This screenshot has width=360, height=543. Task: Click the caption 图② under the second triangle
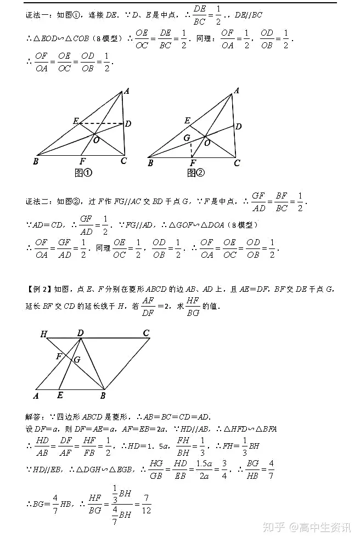pos(195,173)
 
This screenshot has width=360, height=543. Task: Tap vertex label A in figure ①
pos(126,92)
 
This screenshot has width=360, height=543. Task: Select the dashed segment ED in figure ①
pos(101,123)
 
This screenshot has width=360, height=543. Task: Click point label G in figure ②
pos(187,138)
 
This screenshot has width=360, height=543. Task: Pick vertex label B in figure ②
pos(150,163)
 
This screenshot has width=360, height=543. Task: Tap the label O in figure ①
pos(96,140)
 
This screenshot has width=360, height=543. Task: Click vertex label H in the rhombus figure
pos(43,333)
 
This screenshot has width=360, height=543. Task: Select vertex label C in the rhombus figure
pos(146,333)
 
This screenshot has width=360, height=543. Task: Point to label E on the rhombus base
pos(59,395)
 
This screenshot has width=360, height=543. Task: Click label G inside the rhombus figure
pos(77,360)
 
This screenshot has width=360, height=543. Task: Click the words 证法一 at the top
pos(37,16)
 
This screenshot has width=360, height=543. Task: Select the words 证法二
pos(37,201)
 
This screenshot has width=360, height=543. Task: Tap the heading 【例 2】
pos(37,289)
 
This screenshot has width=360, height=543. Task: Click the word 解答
pos(34,417)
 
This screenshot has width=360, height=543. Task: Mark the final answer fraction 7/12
pos(146,503)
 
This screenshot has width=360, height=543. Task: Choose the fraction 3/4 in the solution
pos(224,470)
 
